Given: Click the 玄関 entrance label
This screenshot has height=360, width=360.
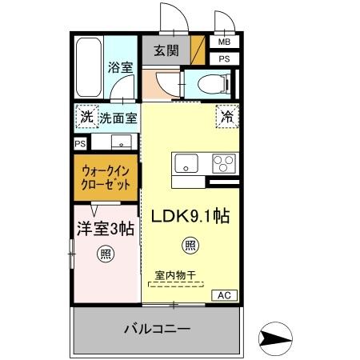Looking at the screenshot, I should (x=166, y=50).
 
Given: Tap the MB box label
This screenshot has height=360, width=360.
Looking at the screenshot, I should (x=224, y=42).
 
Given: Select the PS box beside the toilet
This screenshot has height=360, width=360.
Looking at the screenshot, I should (x=224, y=58).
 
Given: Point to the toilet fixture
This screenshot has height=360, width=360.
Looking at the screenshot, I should (x=210, y=82).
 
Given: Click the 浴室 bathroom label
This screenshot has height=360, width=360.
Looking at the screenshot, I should (x=120, y=68).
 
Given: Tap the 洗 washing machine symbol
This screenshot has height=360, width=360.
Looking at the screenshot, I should (x=86, y=118).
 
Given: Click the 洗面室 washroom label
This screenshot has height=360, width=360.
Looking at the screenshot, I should (x=118, y=118).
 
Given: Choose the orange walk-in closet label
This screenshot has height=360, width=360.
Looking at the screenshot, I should (x=105, y=177).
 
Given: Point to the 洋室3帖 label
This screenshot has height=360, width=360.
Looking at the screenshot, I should (x=105, y=229).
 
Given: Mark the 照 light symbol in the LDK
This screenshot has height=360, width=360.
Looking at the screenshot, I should (x=190, y=245).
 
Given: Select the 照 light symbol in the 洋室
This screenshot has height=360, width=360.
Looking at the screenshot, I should (x=105, y=255).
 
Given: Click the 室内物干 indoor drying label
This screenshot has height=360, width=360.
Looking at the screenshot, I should (x=172, y=275).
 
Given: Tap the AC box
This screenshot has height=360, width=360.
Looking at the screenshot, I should (x=225, y=296).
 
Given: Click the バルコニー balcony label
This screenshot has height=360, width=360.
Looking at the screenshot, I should (x=157, y=328).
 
